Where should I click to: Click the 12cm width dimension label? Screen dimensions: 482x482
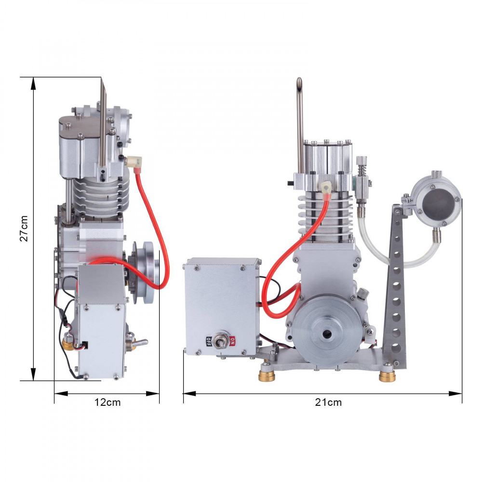pyautogui.click(x=107, y=402)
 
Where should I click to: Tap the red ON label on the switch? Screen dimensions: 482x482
pyautogui.click(x=233, y=341)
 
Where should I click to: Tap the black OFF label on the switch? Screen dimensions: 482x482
pyautogui.click(x=209, y=341)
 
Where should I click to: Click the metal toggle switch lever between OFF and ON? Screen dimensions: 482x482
pyautogui.click(x=222, y=340)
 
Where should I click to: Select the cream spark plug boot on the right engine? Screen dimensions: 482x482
pyautogui.click(x=326, y=186)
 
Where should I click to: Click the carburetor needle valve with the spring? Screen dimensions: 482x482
pyautogui.click(x=362, y=181)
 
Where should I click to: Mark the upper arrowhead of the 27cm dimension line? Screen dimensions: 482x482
pyautogui.click(x=33, y=82)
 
